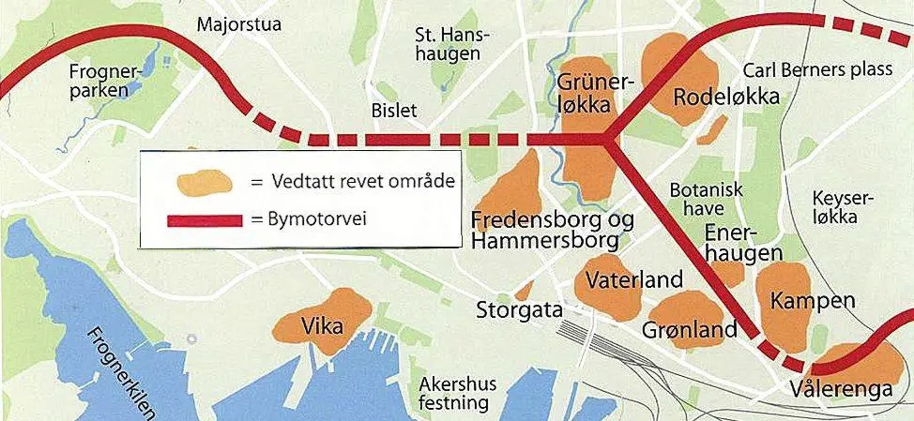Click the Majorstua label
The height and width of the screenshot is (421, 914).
click(239, 24)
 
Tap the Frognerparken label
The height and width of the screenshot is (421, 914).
click(103, 81)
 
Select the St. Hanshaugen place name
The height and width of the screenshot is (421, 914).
click(451, 44)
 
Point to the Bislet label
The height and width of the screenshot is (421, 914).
click(394, 111)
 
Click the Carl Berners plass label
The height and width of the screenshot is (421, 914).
click(817, 70)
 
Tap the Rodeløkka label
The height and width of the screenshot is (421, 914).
click(726, 97)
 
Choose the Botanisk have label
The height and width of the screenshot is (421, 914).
click(706, 199)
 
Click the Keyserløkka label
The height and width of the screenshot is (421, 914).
click(842, 207)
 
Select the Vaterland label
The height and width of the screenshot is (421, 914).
click(634, 279)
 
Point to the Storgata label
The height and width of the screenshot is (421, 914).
click(519, 310)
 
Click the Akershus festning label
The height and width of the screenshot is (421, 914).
click(457, 393)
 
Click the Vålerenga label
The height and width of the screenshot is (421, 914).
click(841, 389)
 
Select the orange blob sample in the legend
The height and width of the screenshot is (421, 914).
click(204, 183)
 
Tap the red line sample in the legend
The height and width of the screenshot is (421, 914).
click(204, 221)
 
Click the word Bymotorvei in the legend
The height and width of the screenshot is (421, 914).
click(317, 219)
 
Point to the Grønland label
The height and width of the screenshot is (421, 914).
click(689, 329)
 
